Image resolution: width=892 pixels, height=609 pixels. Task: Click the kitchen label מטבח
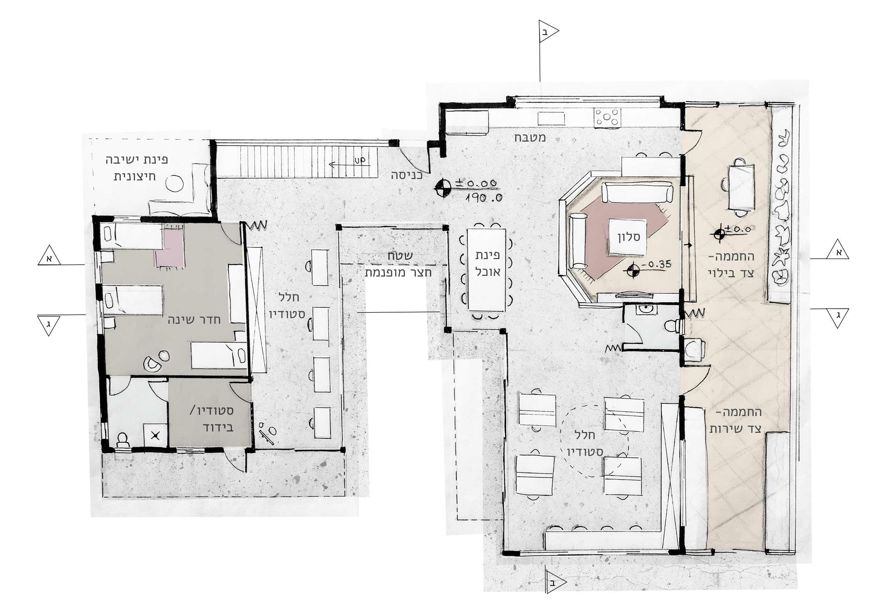pyautogui.click(x=530, y=137)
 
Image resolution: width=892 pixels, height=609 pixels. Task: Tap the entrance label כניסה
pyautogui.click(x=407, y=175)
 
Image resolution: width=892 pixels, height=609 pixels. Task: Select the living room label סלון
pyautogui.click(x=629, y=237)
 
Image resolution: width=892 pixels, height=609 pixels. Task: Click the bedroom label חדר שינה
pyautogui.click(x=194, y=320)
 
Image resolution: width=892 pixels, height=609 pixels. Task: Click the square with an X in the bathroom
pyautogui.click(x=155, y=435)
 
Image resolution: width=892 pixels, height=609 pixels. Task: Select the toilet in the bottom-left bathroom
pyautogui.click(x=123, y=440)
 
